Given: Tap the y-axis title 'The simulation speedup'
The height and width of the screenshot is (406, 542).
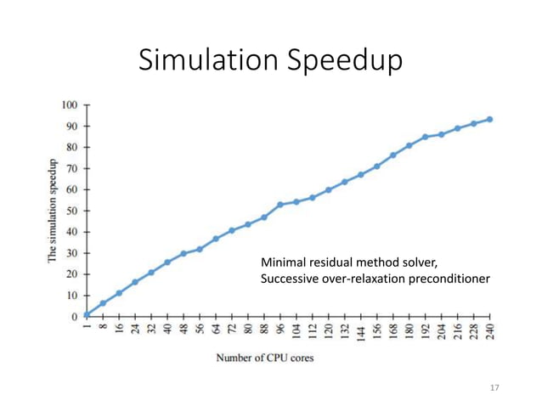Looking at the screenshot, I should [x=53, y=211].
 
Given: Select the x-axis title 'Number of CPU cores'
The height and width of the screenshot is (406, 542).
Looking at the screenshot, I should [x=264, y=358].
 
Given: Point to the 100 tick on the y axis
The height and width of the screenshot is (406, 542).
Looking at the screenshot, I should [x=69, y=104].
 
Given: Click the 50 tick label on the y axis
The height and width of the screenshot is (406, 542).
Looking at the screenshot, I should [x=71, y=211].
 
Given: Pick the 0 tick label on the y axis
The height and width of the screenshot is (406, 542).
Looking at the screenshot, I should [x=75, y=317].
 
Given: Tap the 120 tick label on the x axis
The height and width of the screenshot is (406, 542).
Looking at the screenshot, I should [x=328, y=331].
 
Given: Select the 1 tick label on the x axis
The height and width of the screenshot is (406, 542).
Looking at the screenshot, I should [x=87, y=329].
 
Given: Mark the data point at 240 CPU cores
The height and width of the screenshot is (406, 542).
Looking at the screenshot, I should [x=489, y=120].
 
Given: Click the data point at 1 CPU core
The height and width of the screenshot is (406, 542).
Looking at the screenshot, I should [x=87, y=314].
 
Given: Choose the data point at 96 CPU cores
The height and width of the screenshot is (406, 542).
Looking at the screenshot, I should [x=279, y=205].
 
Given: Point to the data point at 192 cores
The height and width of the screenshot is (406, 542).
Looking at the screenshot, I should [x=425, y=137].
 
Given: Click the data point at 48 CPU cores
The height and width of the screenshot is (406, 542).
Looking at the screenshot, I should [x=183, y=253].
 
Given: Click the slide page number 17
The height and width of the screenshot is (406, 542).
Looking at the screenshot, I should [x=494, y=388].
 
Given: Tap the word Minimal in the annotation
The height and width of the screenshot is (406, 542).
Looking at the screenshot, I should [x=282, y=262].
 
